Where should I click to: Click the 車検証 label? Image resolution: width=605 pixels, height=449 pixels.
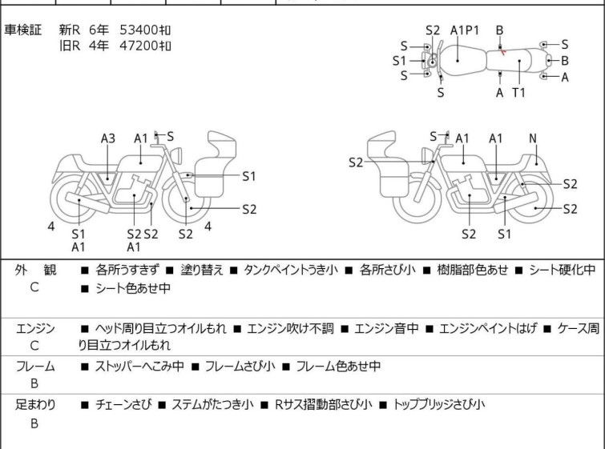click(22, 30)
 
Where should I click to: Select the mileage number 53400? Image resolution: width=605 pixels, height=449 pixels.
click(139, 30)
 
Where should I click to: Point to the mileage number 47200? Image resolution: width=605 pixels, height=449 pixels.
click(139, 46)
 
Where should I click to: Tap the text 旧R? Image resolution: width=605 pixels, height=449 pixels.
click(70, 46)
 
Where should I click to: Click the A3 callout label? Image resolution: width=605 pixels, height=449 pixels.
click(108, 138)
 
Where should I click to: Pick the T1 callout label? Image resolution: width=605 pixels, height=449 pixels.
click(518, 93)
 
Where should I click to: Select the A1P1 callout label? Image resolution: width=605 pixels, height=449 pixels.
click(465, 30)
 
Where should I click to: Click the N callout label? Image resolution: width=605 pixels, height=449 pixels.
click(533, 138)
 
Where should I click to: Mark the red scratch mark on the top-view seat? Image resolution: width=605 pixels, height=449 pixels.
click(502, 51)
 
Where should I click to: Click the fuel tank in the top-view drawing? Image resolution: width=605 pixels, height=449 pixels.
click(462, 61)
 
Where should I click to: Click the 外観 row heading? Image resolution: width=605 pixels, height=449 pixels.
click(35, 270)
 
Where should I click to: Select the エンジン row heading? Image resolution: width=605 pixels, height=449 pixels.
click(35, 328)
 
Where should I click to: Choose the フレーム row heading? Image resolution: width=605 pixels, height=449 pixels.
click(35, 366)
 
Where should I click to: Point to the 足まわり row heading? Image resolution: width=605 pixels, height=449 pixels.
click(35, 404)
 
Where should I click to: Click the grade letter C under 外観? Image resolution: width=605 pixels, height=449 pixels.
click(34, 287)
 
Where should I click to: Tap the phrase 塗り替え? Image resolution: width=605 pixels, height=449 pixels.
click(202, 270)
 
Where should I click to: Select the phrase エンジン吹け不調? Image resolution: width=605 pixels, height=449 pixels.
click(290, 328)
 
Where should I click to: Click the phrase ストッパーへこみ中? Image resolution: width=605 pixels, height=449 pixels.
click(139, 366)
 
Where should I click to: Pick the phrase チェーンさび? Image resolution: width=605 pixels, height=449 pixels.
click(123, 404)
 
